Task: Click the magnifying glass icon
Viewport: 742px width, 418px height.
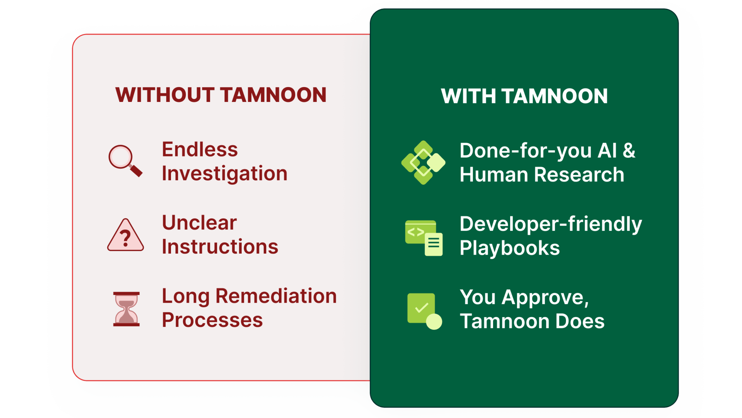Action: [125, 161]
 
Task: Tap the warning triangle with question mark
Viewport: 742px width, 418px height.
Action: [125, 235]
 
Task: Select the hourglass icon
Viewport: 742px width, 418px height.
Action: [126, 309]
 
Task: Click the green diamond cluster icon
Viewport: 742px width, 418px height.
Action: [423, 163]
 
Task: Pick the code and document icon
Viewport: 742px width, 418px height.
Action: [424, 238]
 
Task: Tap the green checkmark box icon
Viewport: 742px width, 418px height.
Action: [424, 311]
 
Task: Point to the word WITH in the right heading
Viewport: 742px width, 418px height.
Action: [468, 97]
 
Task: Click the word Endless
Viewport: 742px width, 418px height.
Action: [200, 149]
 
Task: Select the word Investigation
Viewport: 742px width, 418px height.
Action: [225, 173]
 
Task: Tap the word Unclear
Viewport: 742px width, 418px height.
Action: [199, 222]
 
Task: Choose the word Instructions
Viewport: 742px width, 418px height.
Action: [220, 247]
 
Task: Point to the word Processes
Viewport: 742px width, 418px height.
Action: [212, 320]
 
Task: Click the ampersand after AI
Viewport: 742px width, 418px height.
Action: [629, 151]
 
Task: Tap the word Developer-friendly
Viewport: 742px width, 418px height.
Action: [551, 224]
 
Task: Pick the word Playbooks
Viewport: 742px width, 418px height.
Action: [510, 248]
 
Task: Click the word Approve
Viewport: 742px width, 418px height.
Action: [545, 298]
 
